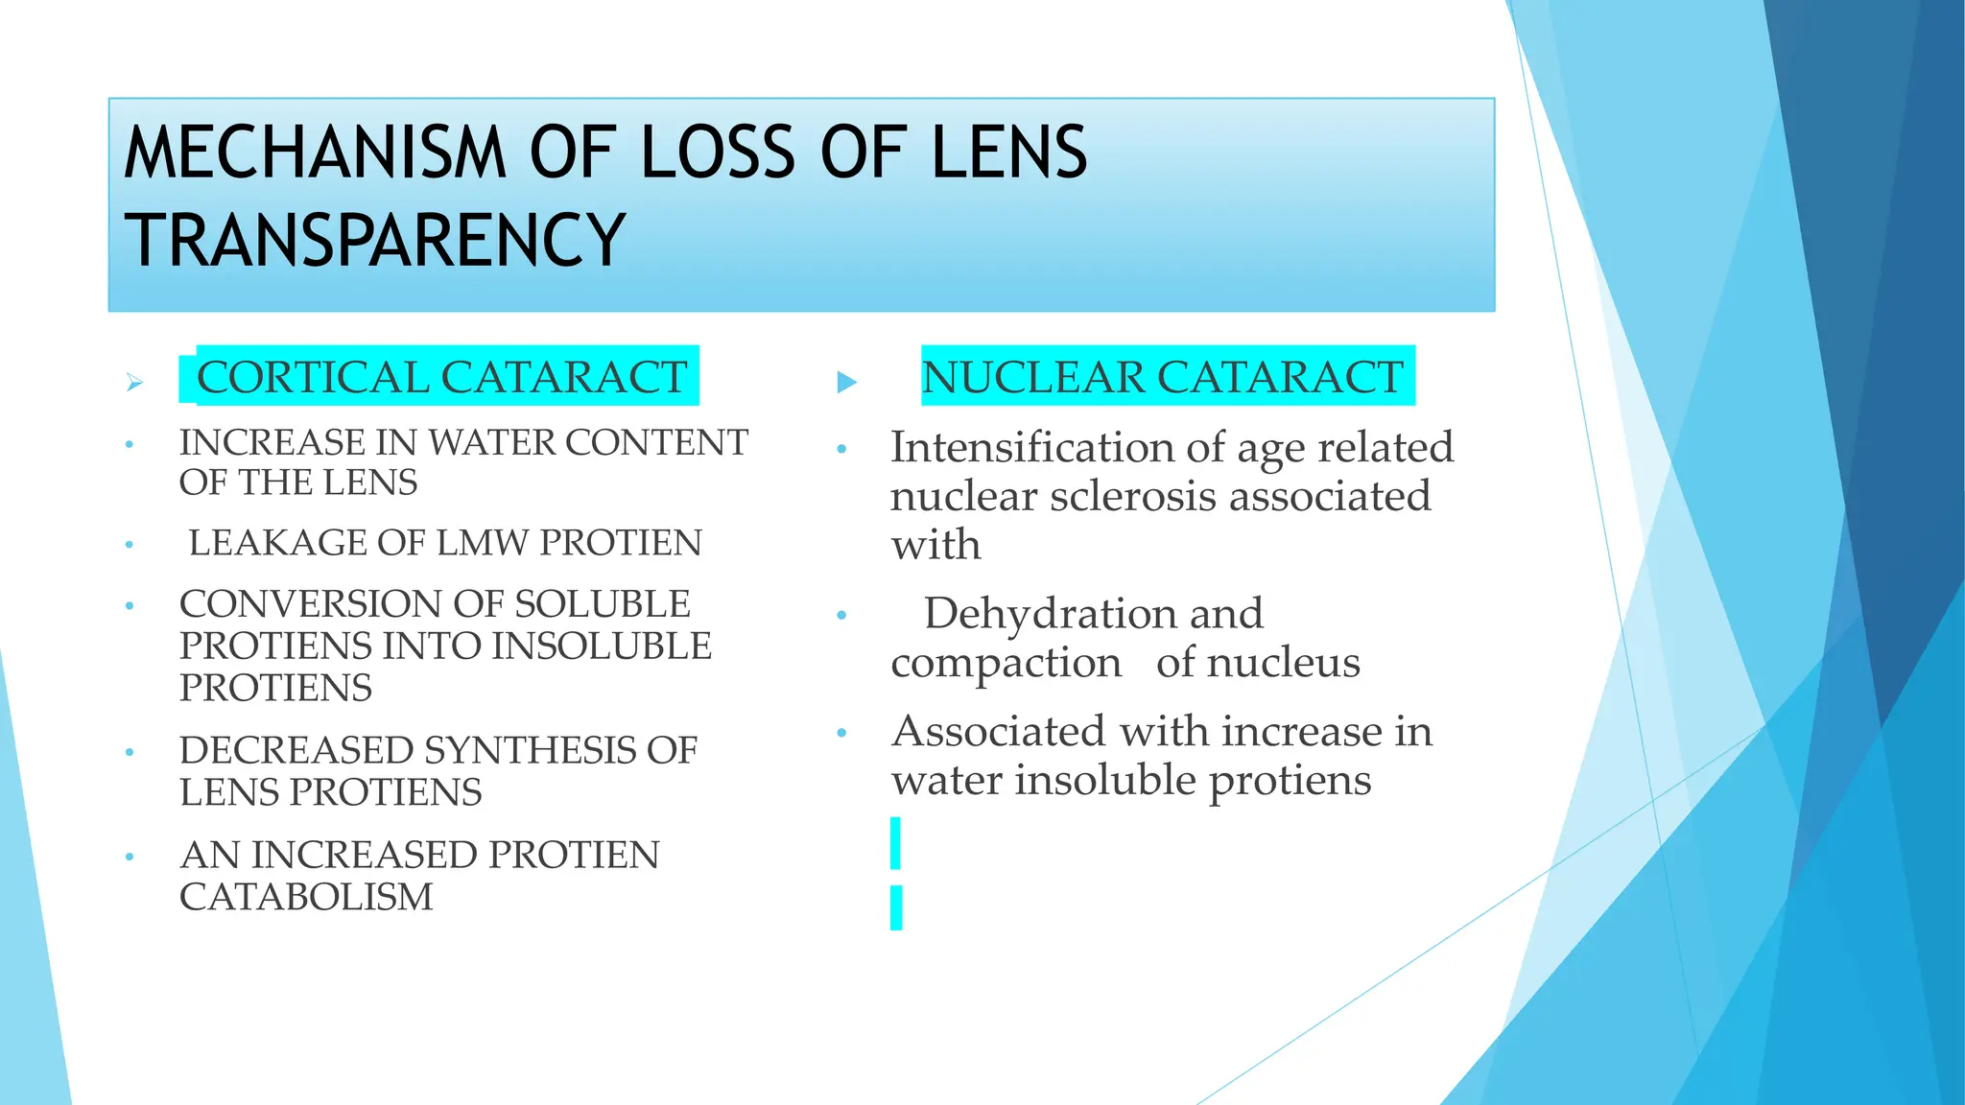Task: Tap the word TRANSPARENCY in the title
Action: point(375,240)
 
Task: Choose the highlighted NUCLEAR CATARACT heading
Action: point(1162,376)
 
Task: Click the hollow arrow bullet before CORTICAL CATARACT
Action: point(134,383)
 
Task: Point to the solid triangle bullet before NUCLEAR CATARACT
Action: point(846,383)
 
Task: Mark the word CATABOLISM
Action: point(306,897)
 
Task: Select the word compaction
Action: point(1006,662)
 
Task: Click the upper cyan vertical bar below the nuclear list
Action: point(896,843)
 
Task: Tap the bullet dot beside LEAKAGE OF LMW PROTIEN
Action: point(130,545)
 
